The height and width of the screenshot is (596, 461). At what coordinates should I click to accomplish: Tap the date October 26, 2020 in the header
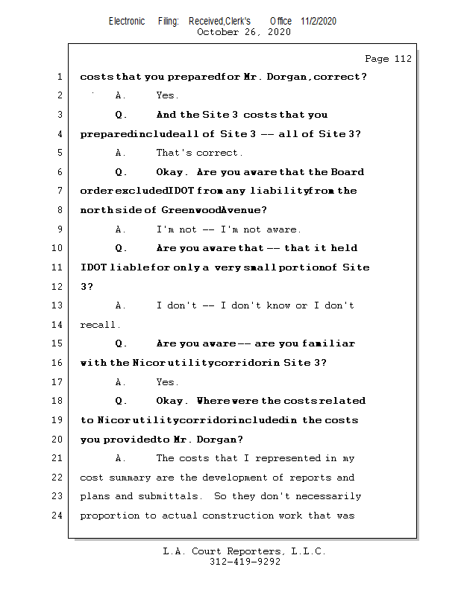coord(243,32)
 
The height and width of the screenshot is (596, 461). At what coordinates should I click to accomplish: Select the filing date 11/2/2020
coord(319,21)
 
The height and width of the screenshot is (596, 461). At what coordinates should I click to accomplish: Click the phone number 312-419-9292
coord(245,562)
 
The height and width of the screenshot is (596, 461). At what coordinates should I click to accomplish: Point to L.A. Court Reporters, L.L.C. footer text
coord(244,551)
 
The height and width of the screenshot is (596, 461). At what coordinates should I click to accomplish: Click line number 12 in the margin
coord(58,286)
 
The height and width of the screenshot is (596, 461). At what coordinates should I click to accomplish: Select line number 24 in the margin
coord(58,516)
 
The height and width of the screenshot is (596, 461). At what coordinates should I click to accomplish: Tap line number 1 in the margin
coord(58,77)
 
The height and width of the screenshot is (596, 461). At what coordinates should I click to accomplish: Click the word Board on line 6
coord(348,172)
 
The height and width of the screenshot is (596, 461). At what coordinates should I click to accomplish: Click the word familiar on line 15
coord(328,343)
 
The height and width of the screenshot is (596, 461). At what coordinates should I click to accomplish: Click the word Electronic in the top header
coord(127,21)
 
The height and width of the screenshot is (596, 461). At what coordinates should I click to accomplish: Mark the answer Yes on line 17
coord(166,382)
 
